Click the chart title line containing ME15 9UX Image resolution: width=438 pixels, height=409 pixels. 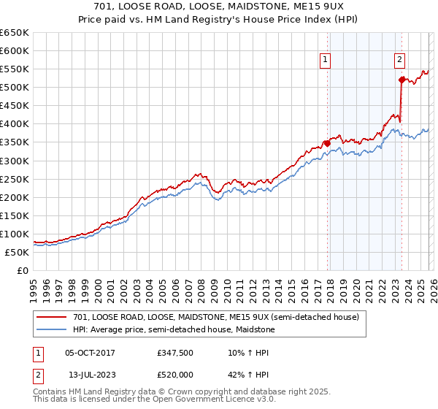[219, 8]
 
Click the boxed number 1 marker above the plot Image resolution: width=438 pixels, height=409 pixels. [324, 61]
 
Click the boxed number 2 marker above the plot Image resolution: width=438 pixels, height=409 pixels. [400, 61]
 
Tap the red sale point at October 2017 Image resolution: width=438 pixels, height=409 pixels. [326, 143]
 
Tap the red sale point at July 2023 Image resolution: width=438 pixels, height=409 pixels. [401, 80]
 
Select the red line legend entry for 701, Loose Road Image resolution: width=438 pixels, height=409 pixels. [216, 318]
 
